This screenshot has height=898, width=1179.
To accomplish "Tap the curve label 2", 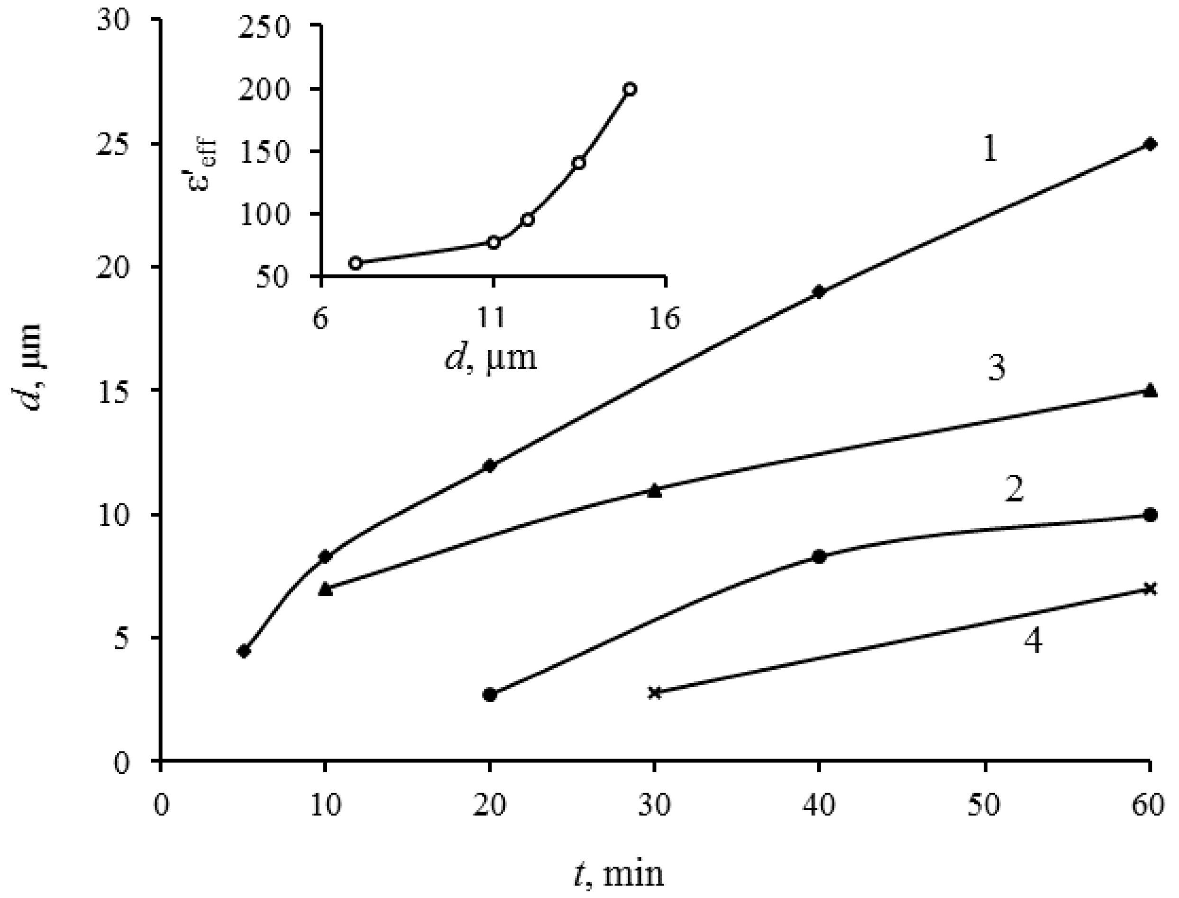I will pyautogui.click(x=1014, y=490).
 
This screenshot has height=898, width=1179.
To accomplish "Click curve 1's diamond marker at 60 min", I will pyautogui.click(x=1151, y=144).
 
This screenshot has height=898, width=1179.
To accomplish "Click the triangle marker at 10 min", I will pyautogui.click(x=325, y=590).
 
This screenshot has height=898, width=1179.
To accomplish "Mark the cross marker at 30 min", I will pyautogui.click(x=654, y=693).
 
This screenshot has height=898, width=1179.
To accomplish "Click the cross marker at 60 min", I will pyautogui.click(x=1151, y=589).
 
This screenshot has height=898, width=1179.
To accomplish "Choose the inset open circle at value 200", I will pyautogui.click(x=630, y=89).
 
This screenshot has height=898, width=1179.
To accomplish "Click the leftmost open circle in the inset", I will pyautogui.click(x=355, y=263).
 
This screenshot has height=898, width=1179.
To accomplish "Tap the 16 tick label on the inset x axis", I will pyautogui.click(x=665, y=320).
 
